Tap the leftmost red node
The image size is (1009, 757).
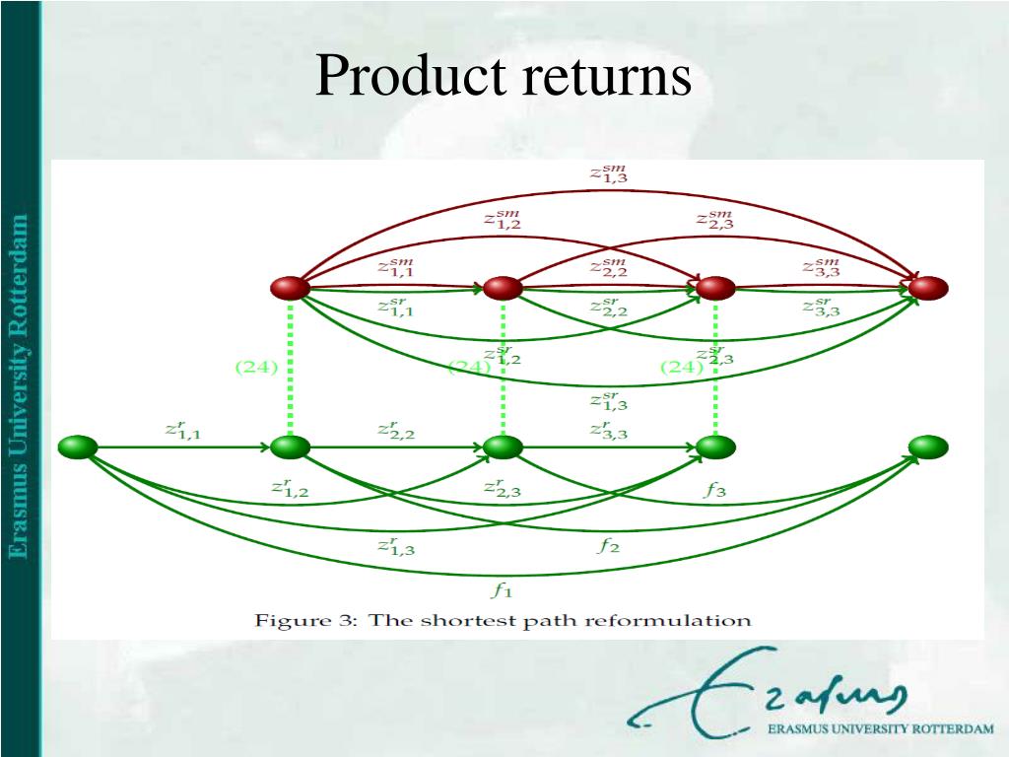(290, 288)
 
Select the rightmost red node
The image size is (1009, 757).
(927, 288)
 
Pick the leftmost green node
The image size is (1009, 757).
(78, 447)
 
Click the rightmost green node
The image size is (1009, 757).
(927, 447)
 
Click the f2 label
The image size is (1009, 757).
(609, 545)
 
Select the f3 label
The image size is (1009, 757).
(715, 490)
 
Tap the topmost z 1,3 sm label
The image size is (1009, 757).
(608, 174)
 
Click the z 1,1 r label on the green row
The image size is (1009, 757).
(183, 430)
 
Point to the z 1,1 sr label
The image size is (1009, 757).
(395, 306)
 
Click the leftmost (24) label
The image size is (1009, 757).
(256, 368)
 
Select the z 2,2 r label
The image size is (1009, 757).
(396, 430)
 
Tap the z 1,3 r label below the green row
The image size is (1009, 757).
(396, 545)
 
